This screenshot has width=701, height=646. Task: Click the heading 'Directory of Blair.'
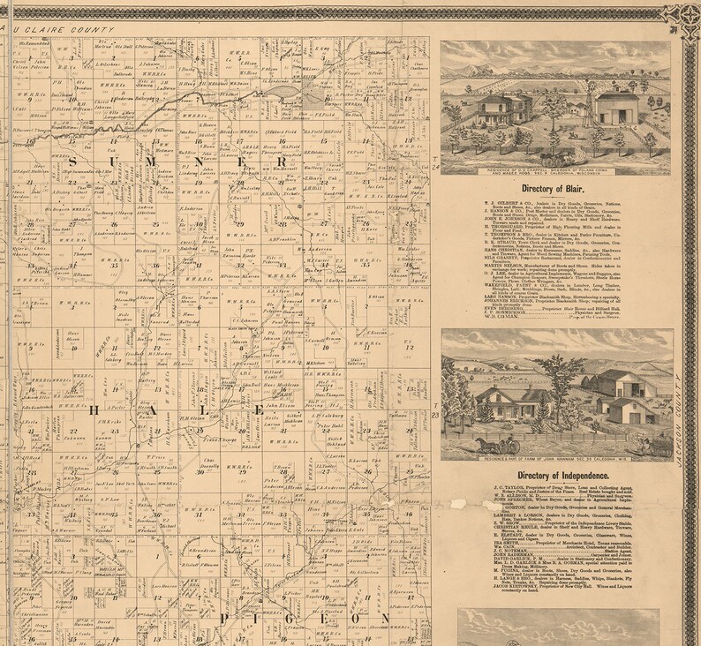click(560, 188)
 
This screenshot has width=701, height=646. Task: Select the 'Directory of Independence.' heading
click(560, 477)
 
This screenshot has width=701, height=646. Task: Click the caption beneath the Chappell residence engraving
click(559, 170)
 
